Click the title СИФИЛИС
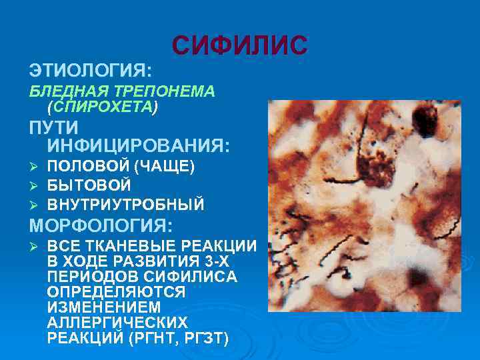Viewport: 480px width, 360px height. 240,45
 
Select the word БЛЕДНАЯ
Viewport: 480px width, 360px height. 61,92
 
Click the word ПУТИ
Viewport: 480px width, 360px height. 53,127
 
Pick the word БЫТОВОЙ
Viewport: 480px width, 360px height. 89,185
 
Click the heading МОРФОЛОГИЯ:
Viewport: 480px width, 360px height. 100,225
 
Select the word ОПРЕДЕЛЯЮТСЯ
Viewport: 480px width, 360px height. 116,292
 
